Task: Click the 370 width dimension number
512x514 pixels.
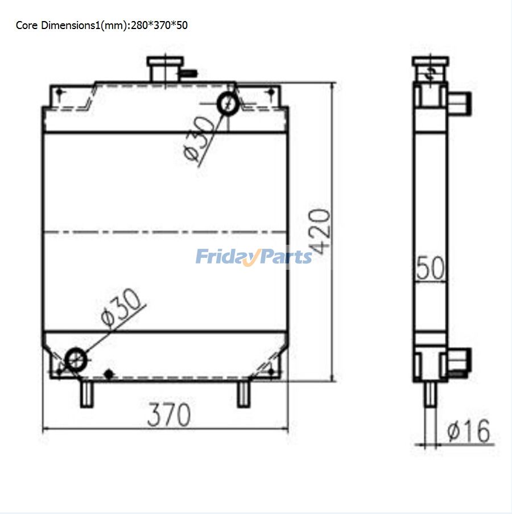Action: click(169, 416)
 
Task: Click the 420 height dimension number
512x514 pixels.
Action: click(320, 232)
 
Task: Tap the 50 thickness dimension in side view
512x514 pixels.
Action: click(430, 268)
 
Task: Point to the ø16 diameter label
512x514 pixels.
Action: click(468, 431)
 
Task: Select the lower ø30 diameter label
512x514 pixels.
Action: click(120, 307)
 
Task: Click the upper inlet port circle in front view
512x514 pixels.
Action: click(228, 104)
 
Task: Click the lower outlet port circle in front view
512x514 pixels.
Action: click(76, 359)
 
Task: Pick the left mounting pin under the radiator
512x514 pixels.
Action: click(86, 394)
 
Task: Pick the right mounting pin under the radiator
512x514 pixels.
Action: click(243, 394)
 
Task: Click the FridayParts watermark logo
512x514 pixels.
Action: click(254, 257)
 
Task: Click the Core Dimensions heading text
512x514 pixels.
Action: click(101, 26)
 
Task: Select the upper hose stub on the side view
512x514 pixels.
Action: click(460, 103)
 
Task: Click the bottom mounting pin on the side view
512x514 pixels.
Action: click(431, 394)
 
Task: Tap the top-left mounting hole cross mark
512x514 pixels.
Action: click(60, 93)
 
